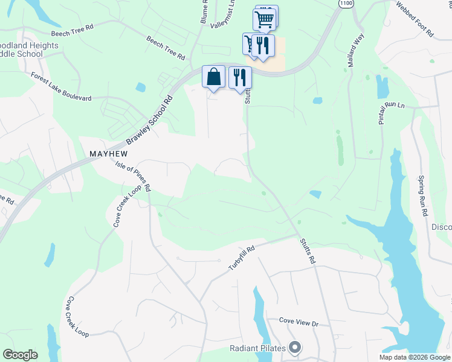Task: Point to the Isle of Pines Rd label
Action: point(133,176)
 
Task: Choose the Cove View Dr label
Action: point(298,323)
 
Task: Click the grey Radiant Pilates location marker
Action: point(295,348)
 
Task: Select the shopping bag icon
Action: point(213,77)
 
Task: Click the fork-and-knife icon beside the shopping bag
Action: point(240,78)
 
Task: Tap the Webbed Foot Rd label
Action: point(415,19)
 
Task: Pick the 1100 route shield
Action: point(346,4)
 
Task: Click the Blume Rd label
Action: point(204,12)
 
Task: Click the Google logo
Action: point(20,355)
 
